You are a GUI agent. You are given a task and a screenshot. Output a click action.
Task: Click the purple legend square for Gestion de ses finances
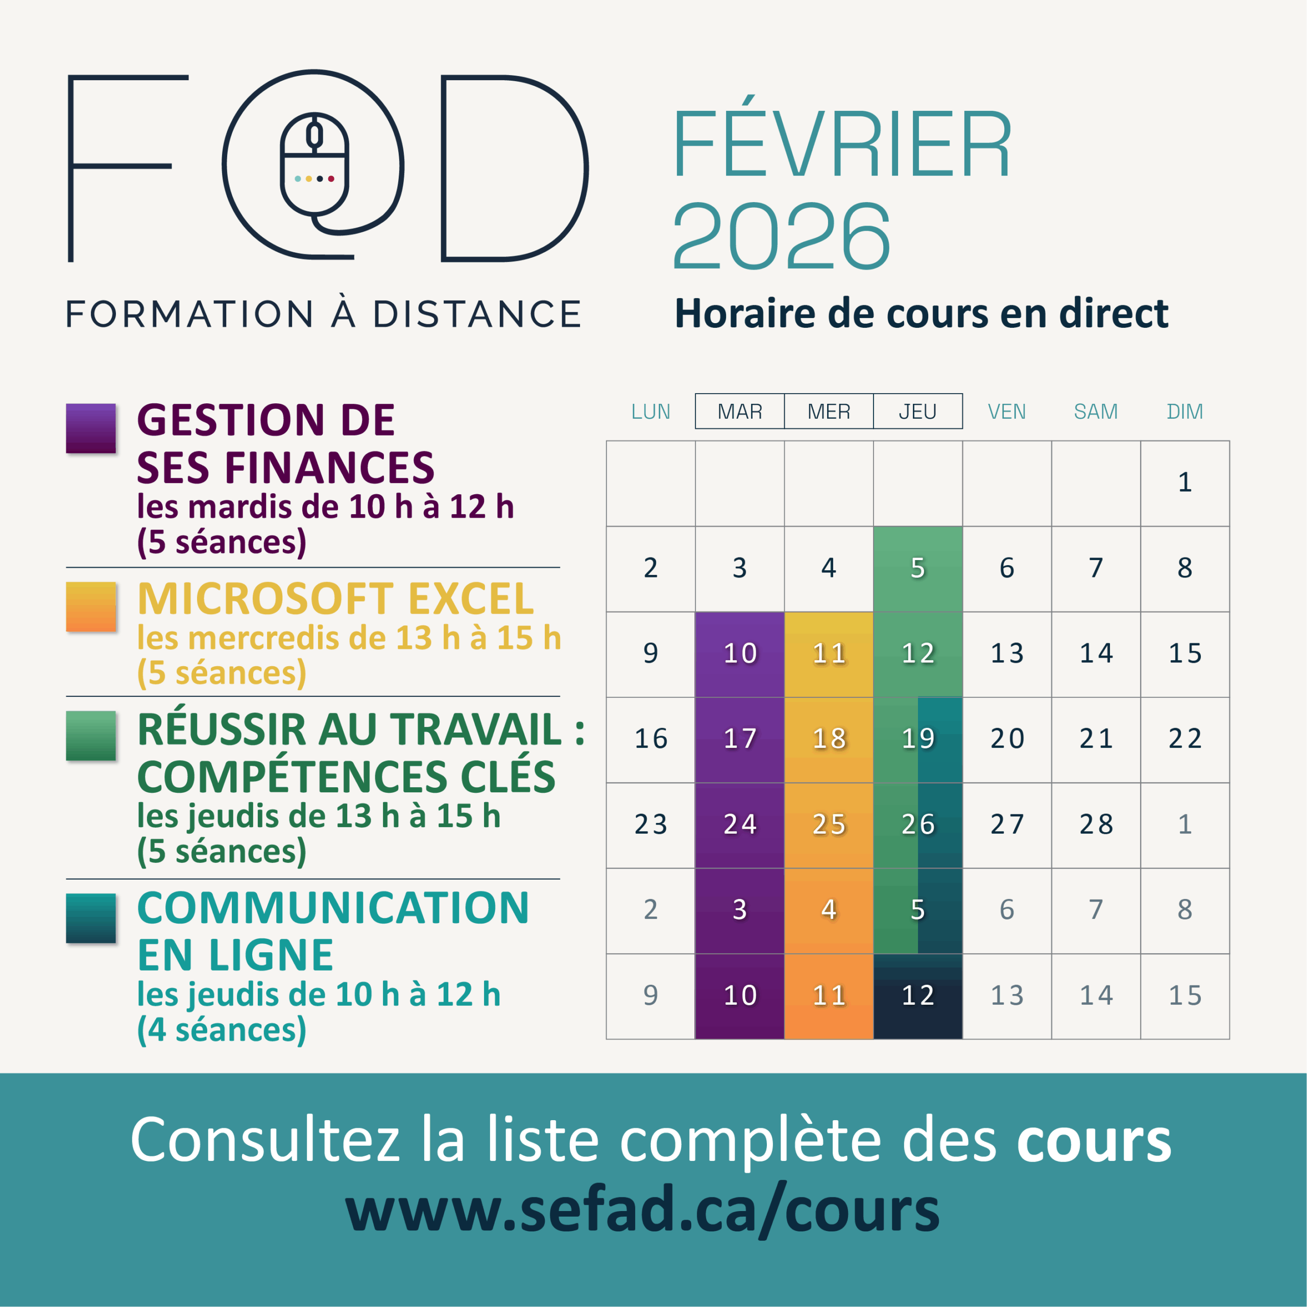[91, 428]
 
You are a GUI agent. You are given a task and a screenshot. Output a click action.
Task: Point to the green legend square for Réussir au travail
[91, 735]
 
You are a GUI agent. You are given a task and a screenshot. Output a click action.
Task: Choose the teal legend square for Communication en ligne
[91, 918]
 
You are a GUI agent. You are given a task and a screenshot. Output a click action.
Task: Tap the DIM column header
[1184, 412]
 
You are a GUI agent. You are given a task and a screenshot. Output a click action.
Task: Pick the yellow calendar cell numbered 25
[829, 825]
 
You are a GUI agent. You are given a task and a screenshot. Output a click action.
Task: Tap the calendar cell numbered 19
[917, 739]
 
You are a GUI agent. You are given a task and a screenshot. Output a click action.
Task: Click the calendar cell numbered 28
[1096, 825]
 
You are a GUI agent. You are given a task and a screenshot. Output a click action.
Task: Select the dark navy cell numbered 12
[917, 996]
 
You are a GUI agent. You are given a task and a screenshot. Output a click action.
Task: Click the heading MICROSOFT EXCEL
[335, 599]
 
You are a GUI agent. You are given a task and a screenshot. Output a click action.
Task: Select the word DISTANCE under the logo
[477, 314]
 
